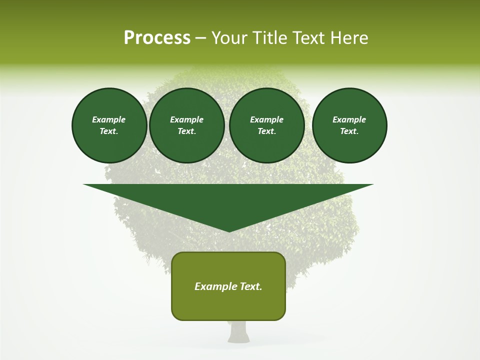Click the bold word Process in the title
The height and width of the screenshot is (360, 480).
point(157,37)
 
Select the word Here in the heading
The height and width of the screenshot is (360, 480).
point(349,37)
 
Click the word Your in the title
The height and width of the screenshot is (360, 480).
point(229,37)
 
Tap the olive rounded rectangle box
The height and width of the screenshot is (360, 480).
point(228,305)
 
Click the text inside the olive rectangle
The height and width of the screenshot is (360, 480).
point(228,286)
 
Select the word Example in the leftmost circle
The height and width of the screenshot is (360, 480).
point(109,119)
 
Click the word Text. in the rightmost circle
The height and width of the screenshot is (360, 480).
point(349,131)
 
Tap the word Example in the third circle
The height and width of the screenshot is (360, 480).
point(266,119)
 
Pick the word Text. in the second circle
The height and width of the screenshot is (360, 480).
point(186,131)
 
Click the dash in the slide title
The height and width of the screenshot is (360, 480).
point(200,38)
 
